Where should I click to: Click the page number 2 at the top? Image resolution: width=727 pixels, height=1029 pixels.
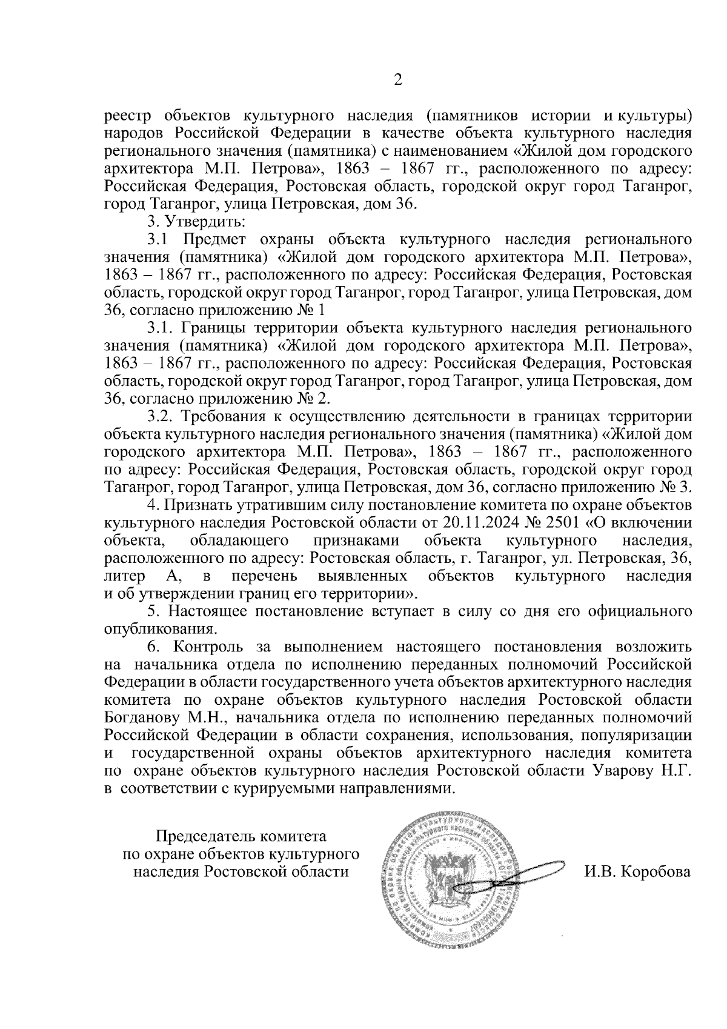click(397, 80)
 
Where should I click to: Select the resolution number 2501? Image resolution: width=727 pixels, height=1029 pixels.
click(557, 522)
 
